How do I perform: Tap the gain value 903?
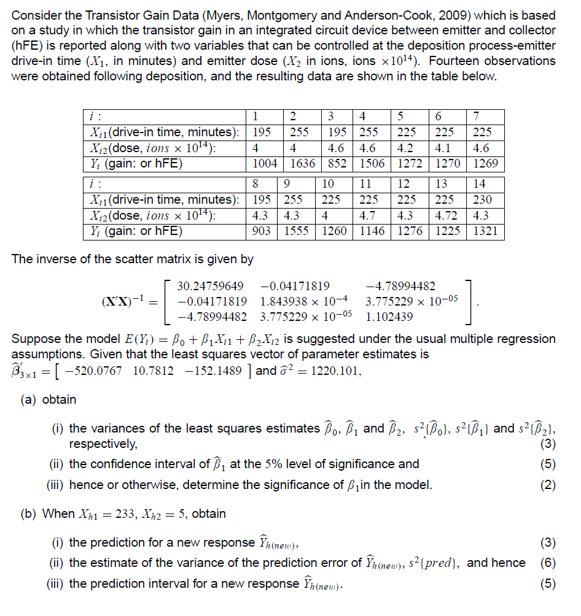click(x=265, y=232)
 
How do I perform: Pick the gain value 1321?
click(x=485, y=232)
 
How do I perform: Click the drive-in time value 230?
click(x=483, y=199)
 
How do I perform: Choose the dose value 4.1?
click(x=445, y=148)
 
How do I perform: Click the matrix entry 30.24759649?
click(x=210, y=286)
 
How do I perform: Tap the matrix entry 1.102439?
click(x=389, y=317)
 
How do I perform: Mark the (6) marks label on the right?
click(x=548, y=563)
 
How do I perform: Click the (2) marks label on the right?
click(x=548, y=485)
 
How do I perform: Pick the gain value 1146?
click(x=372, y=232)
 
